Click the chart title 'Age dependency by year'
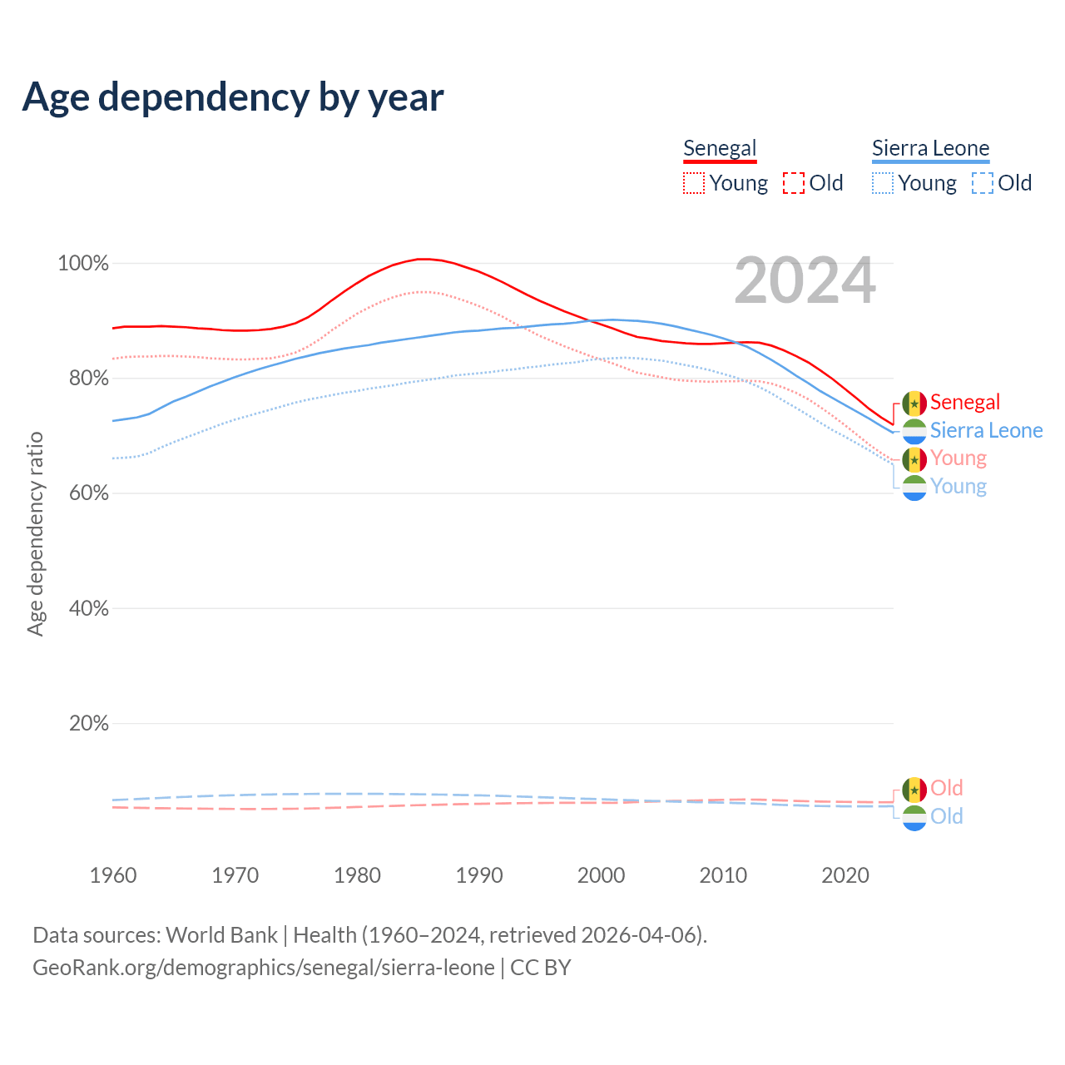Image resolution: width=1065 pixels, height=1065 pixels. tap(233, 97)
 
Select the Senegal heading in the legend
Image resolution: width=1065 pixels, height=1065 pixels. tap(720, 148)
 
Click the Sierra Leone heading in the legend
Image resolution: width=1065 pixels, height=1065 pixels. tap(930, 148)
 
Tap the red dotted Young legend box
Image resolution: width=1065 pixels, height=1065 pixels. tap(694, 183)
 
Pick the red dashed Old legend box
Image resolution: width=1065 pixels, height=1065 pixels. tap(794, 183)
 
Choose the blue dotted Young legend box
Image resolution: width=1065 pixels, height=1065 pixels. tap(883, 183)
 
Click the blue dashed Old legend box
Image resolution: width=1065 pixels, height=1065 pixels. tap(983, 183)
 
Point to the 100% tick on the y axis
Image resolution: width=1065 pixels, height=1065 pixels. tap(83, 264)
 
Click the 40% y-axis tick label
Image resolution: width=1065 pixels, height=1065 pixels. tap(88, 609)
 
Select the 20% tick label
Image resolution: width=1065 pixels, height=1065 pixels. tap(88, 724)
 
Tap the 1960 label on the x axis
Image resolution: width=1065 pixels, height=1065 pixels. tap(113, 875)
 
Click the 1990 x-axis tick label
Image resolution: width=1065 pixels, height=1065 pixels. tap(479, 875)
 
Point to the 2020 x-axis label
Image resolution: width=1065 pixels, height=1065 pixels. tap(845, 875)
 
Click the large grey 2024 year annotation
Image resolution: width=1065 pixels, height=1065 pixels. tap(805, 281)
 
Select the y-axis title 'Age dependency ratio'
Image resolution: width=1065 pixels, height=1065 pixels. tap(35, 533)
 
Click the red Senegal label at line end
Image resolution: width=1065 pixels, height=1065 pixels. tap(965, 403)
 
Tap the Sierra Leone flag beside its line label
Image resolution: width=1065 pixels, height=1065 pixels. tap(914, 431)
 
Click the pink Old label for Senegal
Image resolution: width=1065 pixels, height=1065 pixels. tap(947, 788)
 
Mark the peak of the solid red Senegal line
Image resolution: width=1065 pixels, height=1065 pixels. tap(423, 259)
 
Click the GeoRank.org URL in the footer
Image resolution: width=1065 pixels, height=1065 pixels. tap(263, 968)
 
